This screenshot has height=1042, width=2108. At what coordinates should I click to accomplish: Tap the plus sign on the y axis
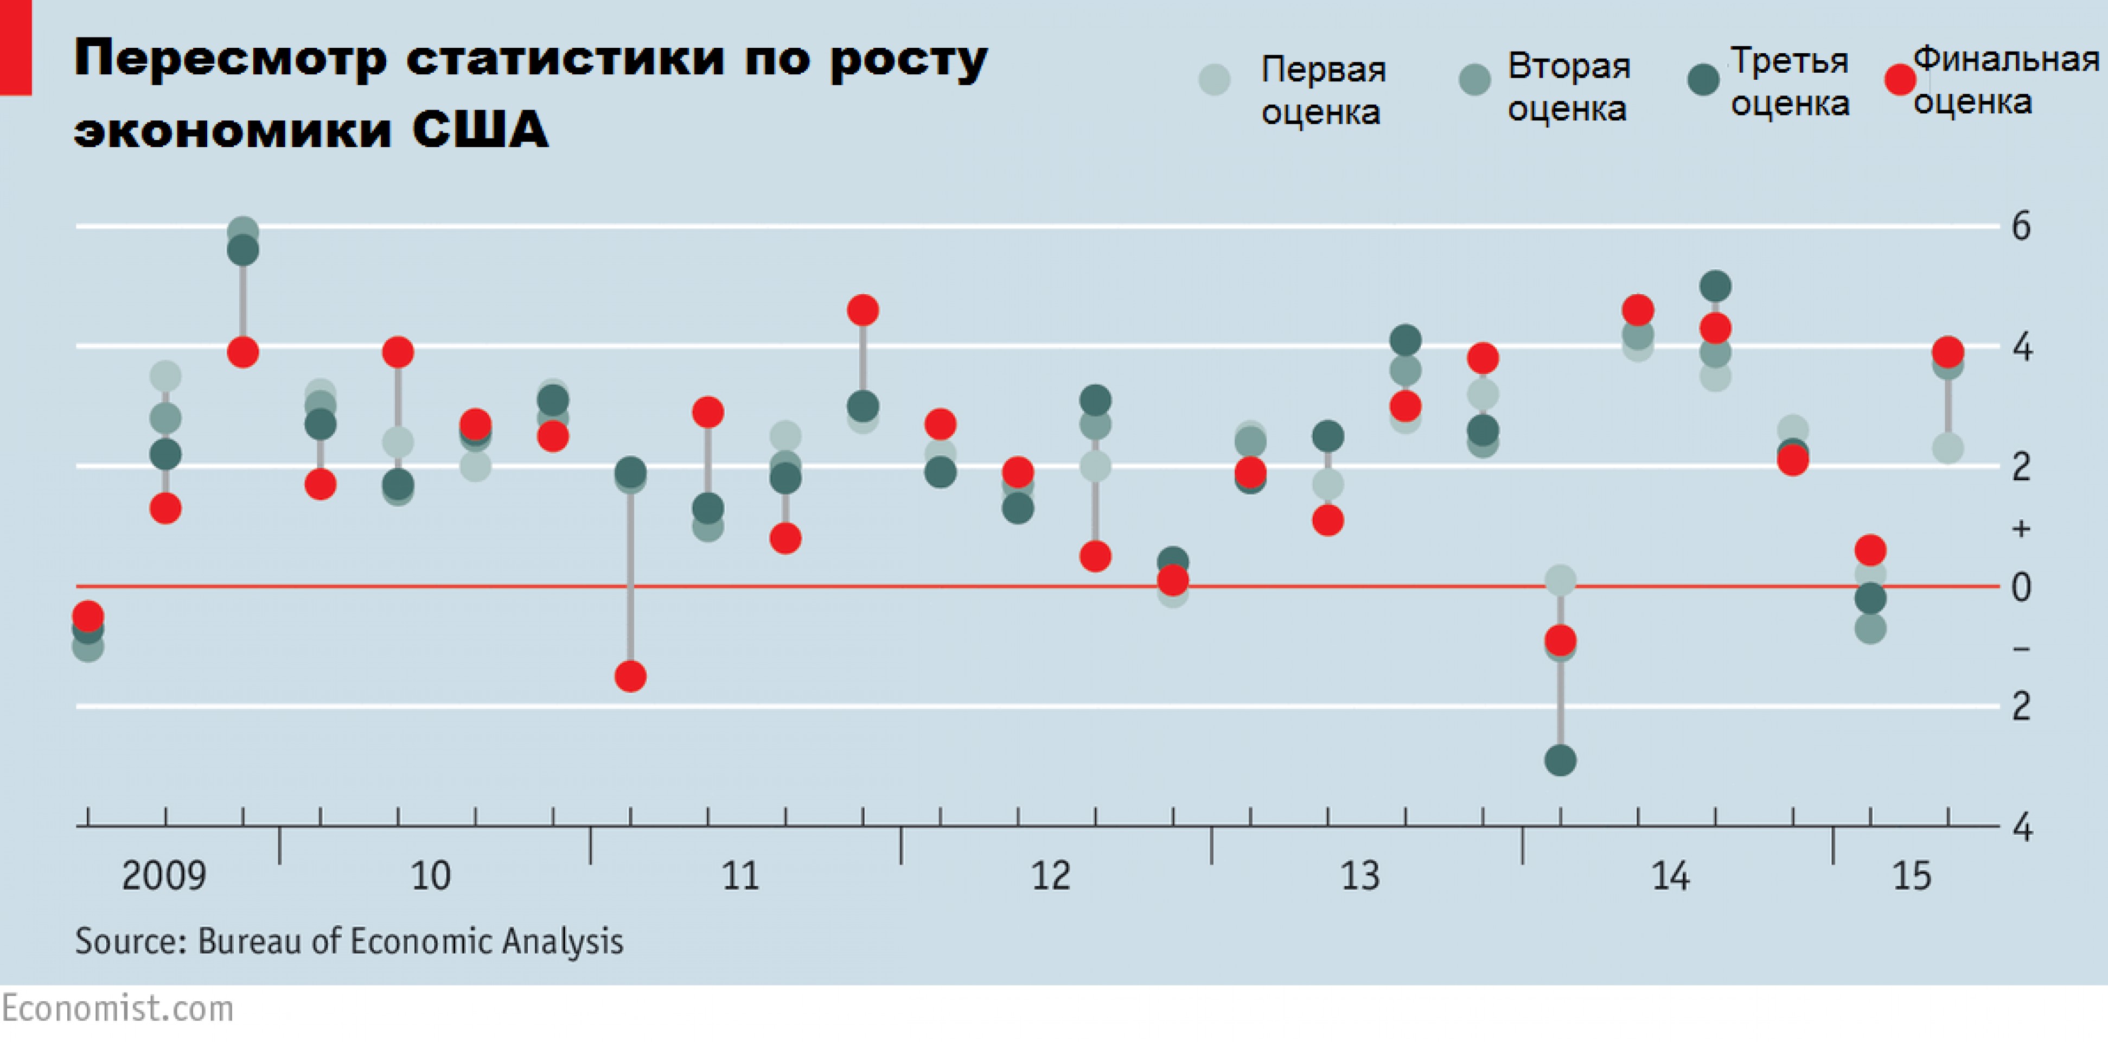tap(2021, 529)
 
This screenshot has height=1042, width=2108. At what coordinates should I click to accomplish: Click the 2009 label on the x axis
tap(164, 876)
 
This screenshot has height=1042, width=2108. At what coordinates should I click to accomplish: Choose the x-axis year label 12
tap(1050, 876)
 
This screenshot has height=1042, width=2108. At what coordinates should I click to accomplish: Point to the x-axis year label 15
tap(1912, 876)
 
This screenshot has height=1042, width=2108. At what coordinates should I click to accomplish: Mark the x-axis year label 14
tap(1669, 876)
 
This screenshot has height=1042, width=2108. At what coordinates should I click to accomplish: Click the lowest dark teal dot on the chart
tap(1560, 760)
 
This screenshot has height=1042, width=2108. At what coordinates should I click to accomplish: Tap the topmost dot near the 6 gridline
tap(243, 232)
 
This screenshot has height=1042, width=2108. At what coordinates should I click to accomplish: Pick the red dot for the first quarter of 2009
tap(87, 615)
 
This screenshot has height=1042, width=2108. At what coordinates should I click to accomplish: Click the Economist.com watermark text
tap(118, 1008)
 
